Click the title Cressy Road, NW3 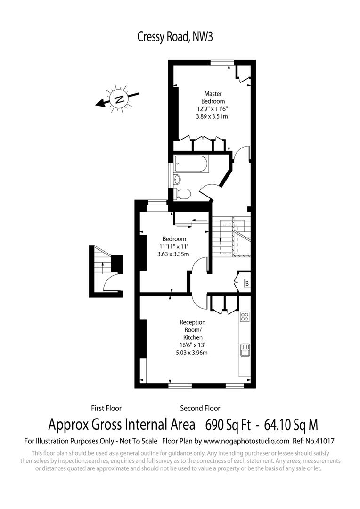pos(175,37)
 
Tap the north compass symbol pos(120,99)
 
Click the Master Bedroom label pos(213,98)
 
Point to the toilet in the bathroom pos(183,193)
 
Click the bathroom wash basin pos(177,180)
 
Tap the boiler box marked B pos(246,283)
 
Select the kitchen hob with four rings pos(245,317)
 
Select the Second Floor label pos(200,408)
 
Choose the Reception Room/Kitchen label pos(193,330)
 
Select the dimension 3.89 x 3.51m pos(213,116)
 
